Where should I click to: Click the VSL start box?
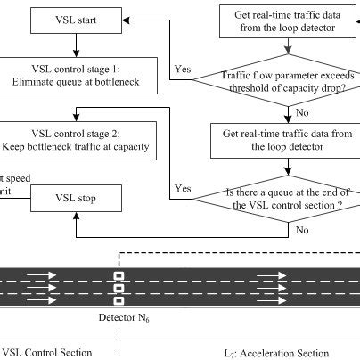(x=75, y=19)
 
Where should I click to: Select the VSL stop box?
(x=75, y=198)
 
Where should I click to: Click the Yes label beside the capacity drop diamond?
(x=183, y=69)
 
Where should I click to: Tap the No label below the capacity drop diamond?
(x=303, y=113)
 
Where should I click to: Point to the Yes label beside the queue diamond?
(x=184, y=188)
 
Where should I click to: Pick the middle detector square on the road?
(x=118, y=289)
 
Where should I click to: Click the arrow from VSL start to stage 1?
(x=75, y=45)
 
